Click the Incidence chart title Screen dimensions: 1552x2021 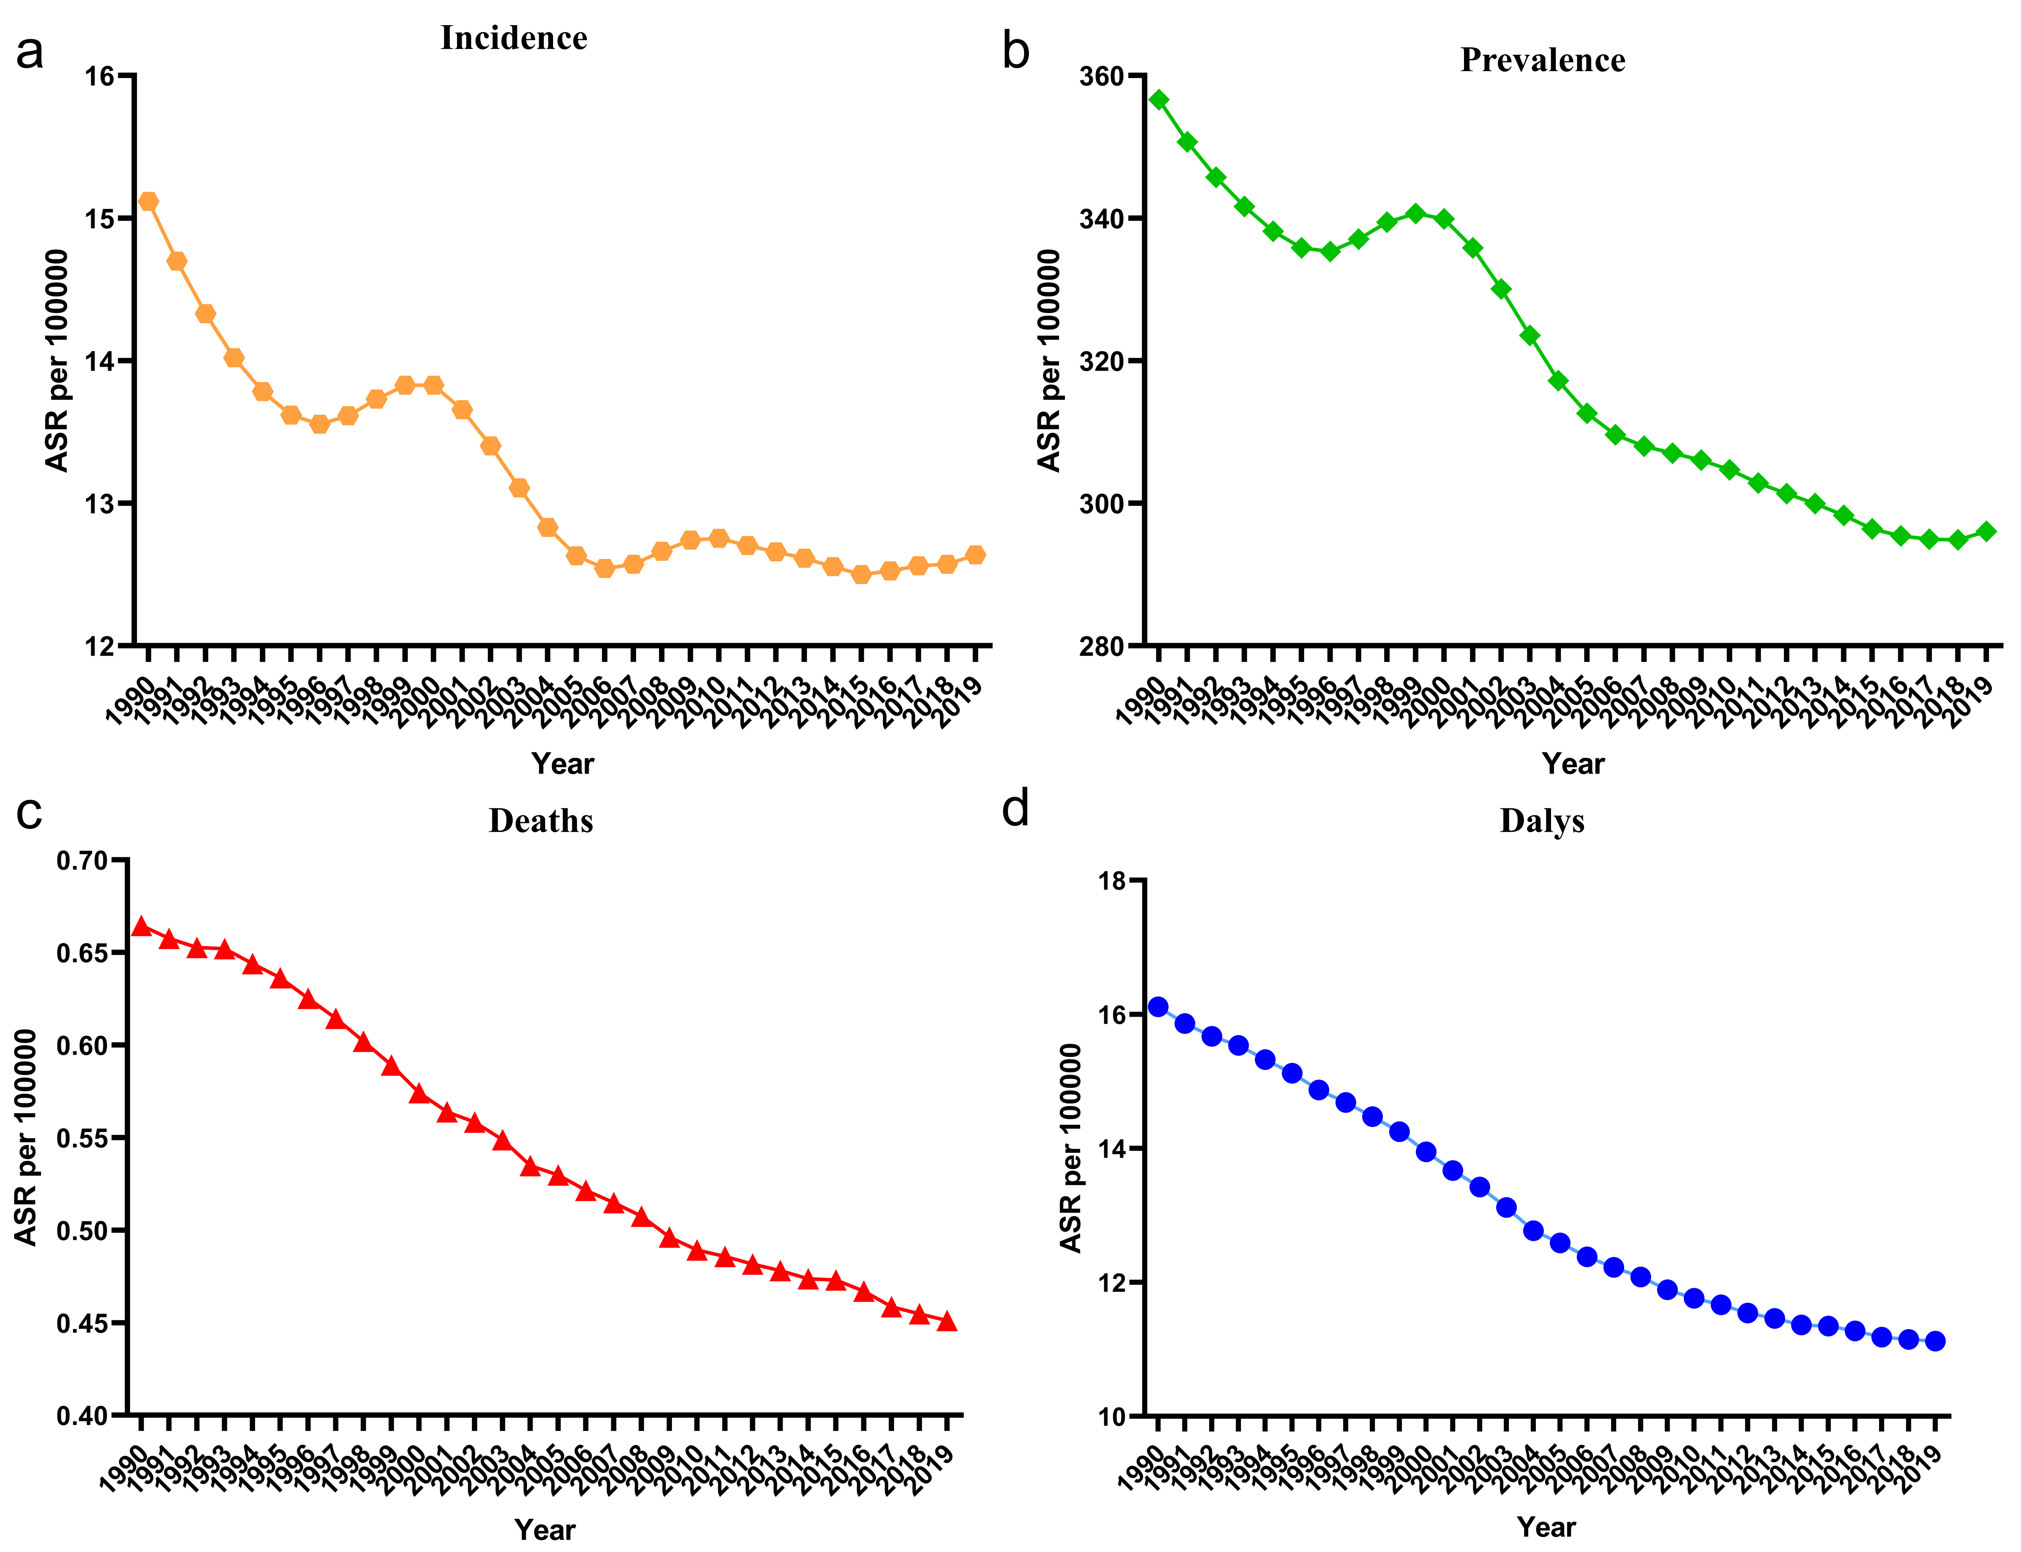point(514,38)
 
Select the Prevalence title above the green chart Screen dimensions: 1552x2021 point(1542,60)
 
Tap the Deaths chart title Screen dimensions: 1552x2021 point(540,820)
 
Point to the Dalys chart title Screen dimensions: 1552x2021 point(1542,820)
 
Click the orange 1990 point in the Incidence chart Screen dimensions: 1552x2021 point(148,202)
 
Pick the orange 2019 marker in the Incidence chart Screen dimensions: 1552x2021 point(975,554)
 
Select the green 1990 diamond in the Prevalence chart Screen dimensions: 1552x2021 point(1159,100)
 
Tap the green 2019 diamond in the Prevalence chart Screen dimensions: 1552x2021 point(1986,531)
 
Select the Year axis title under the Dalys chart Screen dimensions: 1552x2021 point(1546,1527)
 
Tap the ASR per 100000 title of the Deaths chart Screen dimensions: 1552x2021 point(26,1137)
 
